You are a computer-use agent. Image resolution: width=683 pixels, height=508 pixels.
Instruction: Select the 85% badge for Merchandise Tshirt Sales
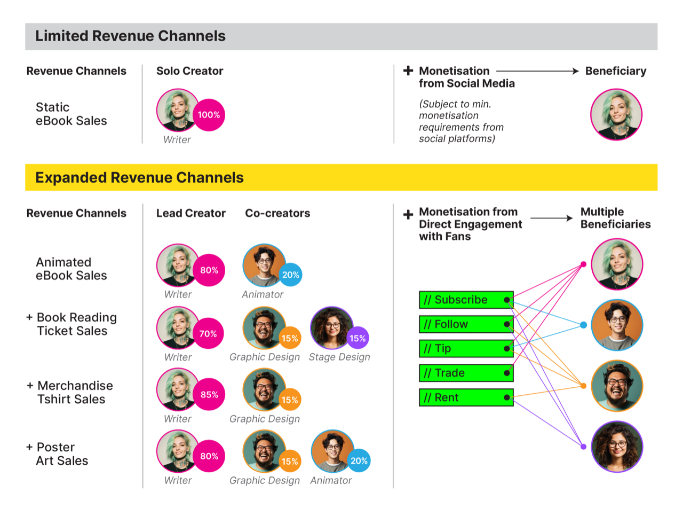tap(209, 395)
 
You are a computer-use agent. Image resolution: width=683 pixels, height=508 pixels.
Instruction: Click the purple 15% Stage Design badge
tap(357, 338)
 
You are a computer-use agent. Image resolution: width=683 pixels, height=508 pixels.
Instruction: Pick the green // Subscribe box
tap(466, 300)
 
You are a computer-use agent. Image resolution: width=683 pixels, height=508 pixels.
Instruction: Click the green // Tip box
tap(466, 349)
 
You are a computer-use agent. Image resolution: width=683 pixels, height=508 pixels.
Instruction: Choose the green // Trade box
tap(466, 373)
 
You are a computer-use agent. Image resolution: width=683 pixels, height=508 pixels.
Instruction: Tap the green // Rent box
tap(466, 397)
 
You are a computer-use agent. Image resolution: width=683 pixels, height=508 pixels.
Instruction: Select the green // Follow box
tap(466, 324)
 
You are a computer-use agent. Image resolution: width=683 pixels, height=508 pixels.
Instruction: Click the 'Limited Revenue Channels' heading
tap(130, 36)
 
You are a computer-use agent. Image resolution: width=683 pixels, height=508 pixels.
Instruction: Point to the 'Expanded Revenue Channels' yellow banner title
tap(139, 178)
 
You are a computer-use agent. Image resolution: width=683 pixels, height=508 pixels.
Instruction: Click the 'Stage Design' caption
tap(339, 357)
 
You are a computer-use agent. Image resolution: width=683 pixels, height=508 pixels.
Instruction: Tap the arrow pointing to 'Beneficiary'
tap(537, 71)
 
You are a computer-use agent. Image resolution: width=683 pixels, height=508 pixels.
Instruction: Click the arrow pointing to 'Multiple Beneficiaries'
tap(552, 218)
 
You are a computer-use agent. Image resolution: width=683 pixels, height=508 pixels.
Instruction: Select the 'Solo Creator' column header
tap(189, 71)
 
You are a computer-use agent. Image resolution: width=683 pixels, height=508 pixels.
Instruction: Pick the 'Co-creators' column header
tap(277, 213)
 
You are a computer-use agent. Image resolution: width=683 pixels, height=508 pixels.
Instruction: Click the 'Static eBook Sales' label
tap(71, 114)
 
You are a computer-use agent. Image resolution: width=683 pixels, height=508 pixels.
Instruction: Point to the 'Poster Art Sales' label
tap(59, 454)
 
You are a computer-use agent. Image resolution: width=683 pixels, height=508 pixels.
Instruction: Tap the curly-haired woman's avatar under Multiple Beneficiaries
tap(617, 447)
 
